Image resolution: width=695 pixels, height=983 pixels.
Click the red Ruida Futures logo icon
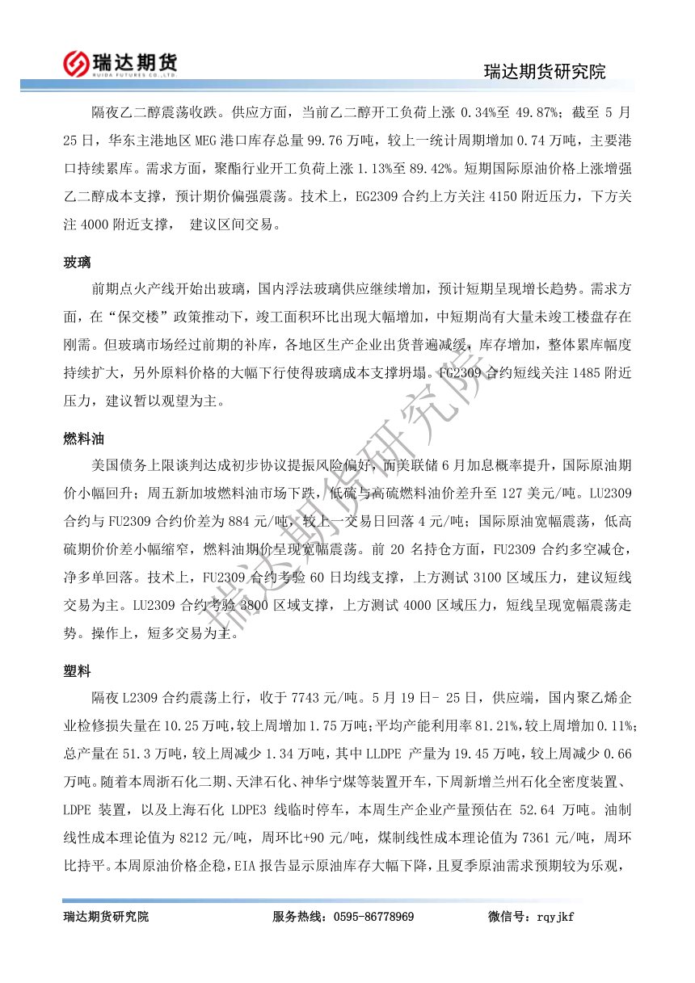coord(77,63)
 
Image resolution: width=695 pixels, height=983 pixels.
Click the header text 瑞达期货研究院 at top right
coord(544,71)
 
